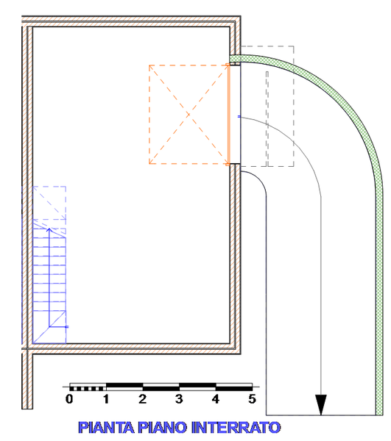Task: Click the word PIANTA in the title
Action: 106,427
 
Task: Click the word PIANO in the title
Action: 163,427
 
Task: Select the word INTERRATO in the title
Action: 236,427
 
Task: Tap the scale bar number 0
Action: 69,399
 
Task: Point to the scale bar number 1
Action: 106,399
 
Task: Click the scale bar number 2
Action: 143,399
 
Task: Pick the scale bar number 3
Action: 179,399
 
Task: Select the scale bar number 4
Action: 216,399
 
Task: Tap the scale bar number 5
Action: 252,399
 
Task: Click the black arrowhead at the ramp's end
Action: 321,404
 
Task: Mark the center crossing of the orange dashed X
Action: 189,115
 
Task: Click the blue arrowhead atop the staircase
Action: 49,230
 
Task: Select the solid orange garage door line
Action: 228,115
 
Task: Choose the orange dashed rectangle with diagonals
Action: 149,115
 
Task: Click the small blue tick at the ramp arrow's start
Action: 239,116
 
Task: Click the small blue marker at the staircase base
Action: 67,327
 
